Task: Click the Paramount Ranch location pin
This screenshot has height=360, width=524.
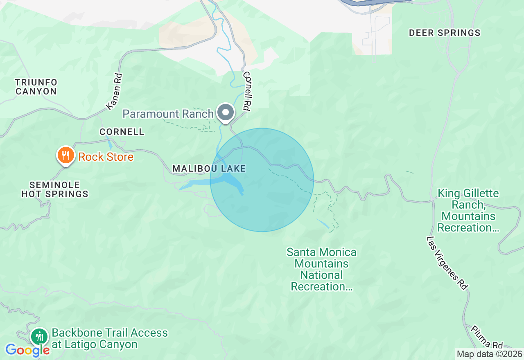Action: [x=225, y=112]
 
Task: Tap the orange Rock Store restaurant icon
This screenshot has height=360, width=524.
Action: [x=65, y=155]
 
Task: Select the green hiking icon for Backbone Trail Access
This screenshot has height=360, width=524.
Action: [x=39, y=336]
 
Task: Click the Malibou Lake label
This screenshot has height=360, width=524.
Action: [x=209, y=169]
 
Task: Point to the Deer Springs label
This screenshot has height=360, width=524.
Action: [x=445, y=33]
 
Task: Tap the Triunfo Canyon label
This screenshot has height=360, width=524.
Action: [x=36, y=87]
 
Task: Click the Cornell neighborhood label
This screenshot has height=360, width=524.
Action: [x=122, y=132]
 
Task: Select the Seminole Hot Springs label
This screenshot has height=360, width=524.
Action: [x=55, y=189]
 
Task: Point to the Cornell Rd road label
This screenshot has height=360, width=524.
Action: [x=247, y=91]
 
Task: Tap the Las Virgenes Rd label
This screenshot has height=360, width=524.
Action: [x=447, y=263]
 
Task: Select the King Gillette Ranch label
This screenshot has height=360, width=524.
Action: [x=468, y=210]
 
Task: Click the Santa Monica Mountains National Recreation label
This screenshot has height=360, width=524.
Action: [x=321, y=269]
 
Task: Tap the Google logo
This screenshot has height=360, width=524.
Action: [x=27, y=350]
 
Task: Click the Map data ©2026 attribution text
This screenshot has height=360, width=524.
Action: [x=489, y=354]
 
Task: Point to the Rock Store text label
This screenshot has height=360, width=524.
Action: [x=106, y=157]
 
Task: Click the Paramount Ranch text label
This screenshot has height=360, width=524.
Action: [x=168, y=114]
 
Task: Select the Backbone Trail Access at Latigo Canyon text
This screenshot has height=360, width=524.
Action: [x=110, y=339]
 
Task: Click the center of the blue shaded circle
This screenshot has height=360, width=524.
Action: [x=262, y=180]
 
